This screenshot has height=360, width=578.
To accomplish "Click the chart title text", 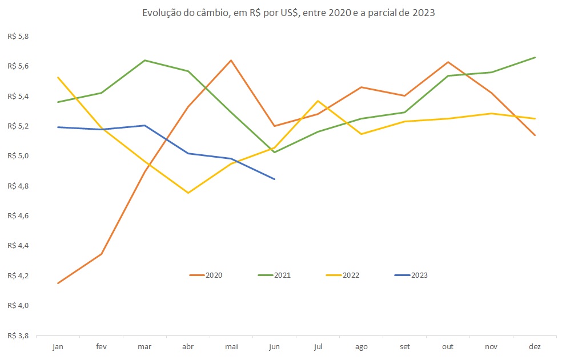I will (288, 13).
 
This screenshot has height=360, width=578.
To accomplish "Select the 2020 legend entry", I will (206, 275).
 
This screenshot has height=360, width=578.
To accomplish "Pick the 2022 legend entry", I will (343, 275).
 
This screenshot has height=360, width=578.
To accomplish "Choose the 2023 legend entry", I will (411, 275).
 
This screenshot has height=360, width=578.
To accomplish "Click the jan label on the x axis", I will (58, 346).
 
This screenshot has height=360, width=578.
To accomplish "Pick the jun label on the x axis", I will (275, 346).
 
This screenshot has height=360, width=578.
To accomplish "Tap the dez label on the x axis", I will (535, 346).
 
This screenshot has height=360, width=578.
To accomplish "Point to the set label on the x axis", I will (405, 346).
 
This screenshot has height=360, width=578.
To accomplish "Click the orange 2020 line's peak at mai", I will (231, 60).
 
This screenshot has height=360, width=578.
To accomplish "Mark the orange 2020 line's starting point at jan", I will (58, 283).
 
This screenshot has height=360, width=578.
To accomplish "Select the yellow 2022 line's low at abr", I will (188, 193).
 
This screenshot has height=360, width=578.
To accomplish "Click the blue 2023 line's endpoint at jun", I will (275, 179).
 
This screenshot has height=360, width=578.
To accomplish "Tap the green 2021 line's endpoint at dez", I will (535, 57).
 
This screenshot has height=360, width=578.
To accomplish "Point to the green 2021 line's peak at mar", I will (144, 60).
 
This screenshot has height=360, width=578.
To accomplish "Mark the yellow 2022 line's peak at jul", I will (318, 101).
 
